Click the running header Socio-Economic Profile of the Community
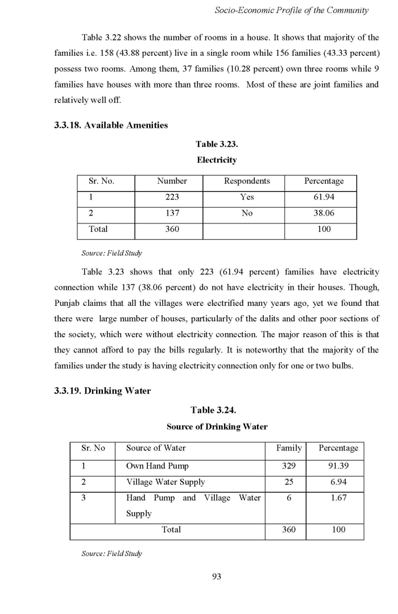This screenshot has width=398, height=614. click(291, 10)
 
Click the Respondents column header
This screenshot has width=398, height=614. click(247, 181)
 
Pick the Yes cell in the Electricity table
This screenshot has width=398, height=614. click(247, 197)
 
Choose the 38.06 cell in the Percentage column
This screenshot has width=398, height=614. click(324, 213)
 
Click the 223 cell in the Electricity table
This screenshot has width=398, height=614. click(172, 197)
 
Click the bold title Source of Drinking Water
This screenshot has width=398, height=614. click(216, 426)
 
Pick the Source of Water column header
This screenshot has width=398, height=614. click(156, 448)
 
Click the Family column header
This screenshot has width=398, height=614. click(288, 448)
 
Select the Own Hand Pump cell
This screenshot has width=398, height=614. click(157, 466)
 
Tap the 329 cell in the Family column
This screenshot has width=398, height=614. click(288, 466)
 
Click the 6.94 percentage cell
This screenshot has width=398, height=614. click(338, 482)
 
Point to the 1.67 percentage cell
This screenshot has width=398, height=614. click(338, 498)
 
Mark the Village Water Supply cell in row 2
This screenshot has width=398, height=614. click(165, 482)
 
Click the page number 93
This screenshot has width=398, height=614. click(216, 577)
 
